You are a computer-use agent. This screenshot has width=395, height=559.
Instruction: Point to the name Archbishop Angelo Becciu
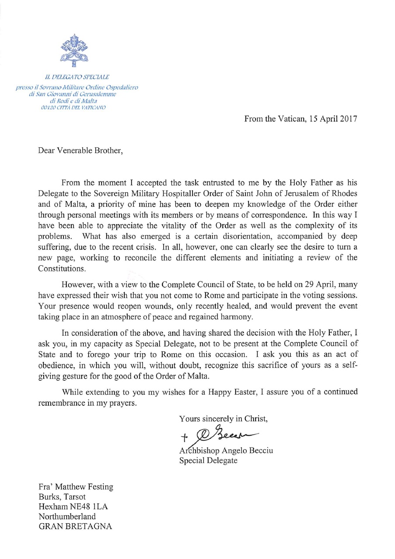click(x=226, y=450)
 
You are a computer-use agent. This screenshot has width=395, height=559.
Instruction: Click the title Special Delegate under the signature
click(x=208, y=460)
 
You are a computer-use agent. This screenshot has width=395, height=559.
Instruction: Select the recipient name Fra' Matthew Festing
click(x=76, y=486)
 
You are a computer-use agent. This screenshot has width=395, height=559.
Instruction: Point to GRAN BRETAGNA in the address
click(x=76, y=526)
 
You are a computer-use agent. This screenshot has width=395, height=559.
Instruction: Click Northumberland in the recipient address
click(x=67, y=516)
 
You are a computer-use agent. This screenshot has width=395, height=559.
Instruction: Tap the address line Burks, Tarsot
click(x=62, y=496)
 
